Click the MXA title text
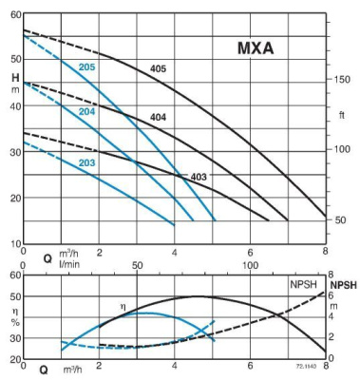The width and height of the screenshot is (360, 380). (x=256, y=49)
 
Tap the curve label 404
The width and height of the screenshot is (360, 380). (x=160, y=117)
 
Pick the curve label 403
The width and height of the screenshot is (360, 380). (x=199, y=177)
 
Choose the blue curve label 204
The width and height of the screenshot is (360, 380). (x=86, y=112)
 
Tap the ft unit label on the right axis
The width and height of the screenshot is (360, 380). (x=341, y=116)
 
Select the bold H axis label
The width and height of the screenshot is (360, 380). (x=15, y=77)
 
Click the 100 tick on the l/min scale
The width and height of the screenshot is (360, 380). (x=250, y=267)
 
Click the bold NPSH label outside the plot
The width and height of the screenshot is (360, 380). (x=343, y=284)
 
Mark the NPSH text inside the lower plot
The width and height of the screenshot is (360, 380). (x=304, y=284)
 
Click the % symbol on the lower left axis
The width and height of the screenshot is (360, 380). (x=15, y=319)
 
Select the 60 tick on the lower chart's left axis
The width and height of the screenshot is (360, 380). (x=14, y=275)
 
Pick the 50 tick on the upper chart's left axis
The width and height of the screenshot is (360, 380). (x=14, y=60)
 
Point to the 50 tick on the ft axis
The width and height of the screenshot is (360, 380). (x=341, y=219)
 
